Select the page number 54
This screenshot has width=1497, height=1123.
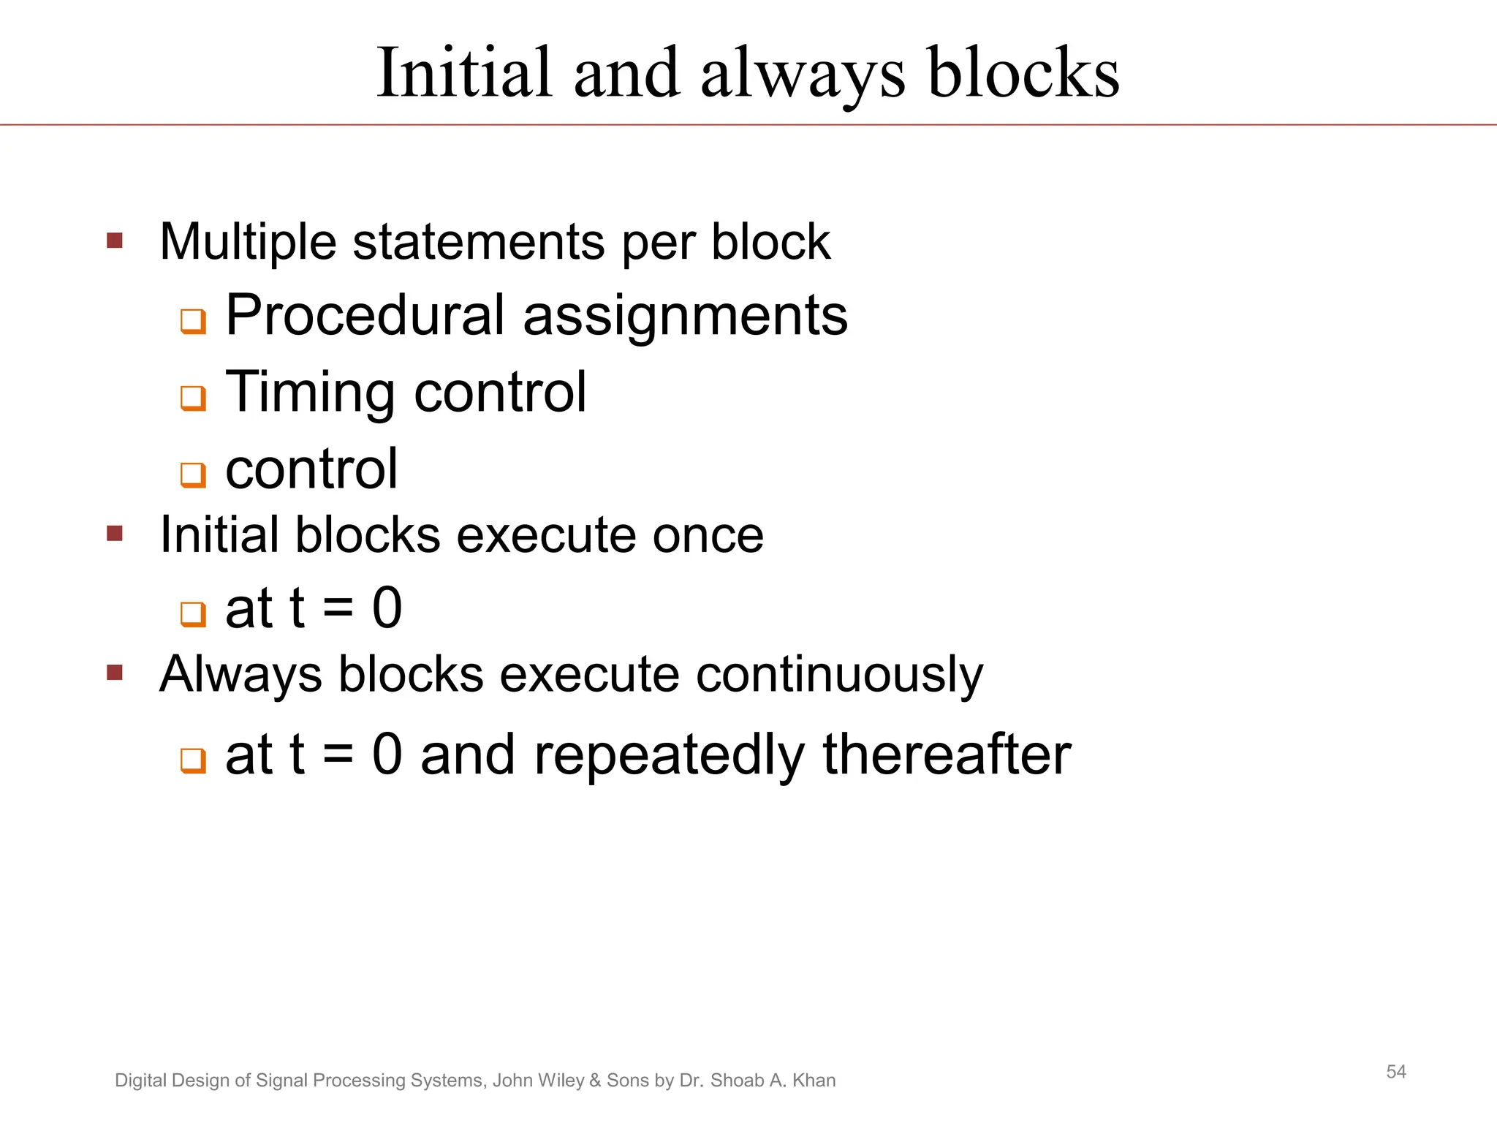1396,1072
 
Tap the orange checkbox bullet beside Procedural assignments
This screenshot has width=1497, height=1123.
193,321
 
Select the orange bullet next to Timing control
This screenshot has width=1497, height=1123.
193,398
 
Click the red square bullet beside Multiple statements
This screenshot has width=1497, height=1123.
115,241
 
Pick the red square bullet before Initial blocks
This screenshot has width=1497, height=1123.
115,533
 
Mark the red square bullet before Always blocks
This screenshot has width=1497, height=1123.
115,672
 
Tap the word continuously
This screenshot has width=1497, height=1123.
839,675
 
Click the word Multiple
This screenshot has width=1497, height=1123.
248,242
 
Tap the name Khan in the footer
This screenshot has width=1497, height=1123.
814,1081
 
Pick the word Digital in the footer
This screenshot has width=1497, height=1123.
140,1081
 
